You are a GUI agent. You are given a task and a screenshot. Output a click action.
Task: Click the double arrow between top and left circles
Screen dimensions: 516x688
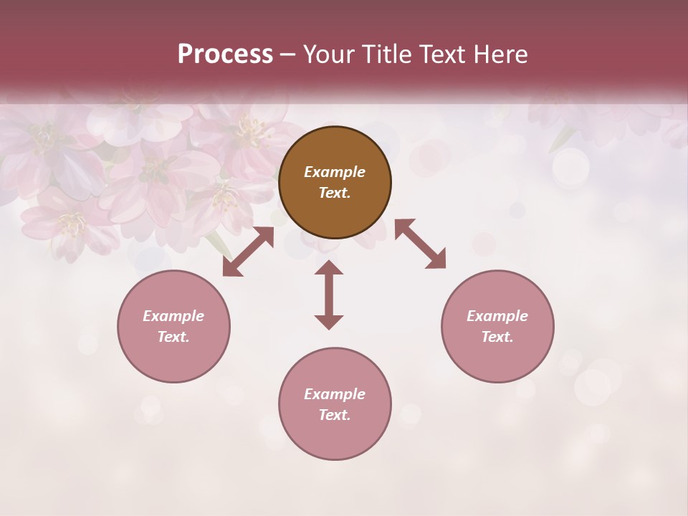248,252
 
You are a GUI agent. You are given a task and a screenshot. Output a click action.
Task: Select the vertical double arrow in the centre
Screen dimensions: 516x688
329,295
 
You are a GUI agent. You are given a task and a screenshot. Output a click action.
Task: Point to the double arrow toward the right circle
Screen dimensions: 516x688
420,244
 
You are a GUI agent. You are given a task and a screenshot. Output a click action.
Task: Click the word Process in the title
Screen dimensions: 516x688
225,54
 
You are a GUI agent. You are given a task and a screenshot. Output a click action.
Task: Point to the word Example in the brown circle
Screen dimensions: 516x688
335,172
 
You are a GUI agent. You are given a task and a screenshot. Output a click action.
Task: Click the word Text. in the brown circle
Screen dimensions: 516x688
335,193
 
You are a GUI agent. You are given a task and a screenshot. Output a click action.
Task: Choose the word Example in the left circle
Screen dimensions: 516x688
173,316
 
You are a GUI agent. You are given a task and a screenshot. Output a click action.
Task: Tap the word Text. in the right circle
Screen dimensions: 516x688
497,337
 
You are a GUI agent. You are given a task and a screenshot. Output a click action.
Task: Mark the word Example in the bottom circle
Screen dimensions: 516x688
335,394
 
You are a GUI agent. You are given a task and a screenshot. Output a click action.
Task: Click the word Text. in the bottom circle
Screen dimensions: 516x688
335,415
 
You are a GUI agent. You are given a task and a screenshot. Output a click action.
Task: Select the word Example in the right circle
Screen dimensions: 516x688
497,316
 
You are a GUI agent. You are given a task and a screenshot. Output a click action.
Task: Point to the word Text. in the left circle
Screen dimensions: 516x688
173,337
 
